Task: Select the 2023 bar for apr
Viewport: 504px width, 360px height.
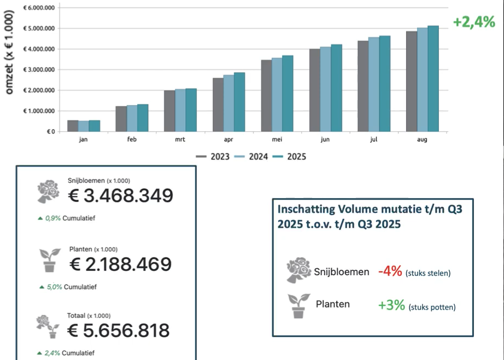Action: [218, 104]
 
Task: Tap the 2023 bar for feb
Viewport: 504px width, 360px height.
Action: [121, 119]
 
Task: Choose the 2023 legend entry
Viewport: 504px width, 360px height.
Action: [214, 156]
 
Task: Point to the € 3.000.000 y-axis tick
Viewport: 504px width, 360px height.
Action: [38, 69]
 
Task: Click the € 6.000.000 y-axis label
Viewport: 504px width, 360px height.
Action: [38, 8]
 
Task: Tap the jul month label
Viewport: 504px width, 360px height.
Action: [373, 140]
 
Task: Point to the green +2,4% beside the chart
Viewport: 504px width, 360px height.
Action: [474, 22]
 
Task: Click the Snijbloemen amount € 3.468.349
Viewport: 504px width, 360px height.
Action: [120, 195]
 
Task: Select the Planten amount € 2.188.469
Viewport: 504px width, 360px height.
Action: [120, 264]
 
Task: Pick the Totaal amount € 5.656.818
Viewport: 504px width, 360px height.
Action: [118, 330]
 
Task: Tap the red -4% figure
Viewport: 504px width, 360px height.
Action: [390, 271]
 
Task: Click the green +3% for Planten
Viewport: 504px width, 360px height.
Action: [391, 305]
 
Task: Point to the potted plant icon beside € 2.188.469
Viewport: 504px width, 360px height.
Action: [51, 260]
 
